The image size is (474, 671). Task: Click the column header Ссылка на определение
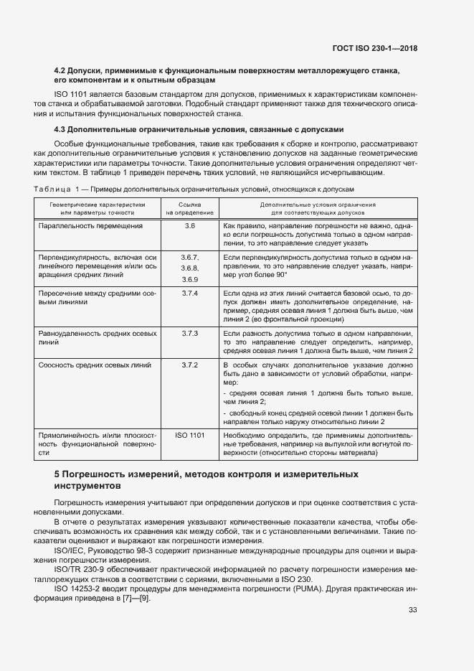coord(190,208)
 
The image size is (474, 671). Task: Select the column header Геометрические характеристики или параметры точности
coord(97,208)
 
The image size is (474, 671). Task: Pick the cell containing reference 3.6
coord(190,226)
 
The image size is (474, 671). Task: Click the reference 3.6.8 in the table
coord(190,268)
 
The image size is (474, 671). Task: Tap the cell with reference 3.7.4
coord(190,294)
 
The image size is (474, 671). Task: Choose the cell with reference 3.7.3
coord(190,334)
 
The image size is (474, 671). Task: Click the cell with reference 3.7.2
coord(190,365)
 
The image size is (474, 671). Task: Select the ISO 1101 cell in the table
coord(190,435)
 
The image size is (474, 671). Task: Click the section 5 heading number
coord(57,474)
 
